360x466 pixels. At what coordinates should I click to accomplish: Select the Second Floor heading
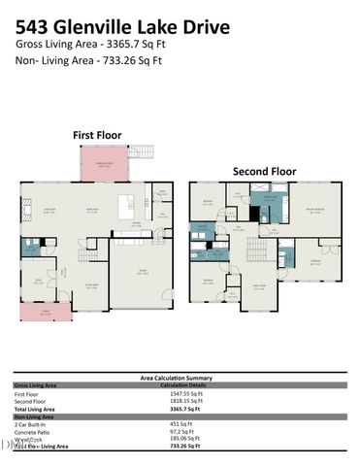264,171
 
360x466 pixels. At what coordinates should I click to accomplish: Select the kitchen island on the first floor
125,206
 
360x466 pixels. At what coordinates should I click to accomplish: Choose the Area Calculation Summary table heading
180,377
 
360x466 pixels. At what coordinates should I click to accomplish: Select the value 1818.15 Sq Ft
185,400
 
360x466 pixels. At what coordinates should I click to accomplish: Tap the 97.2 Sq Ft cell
182,431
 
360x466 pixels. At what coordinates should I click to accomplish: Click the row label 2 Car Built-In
31,423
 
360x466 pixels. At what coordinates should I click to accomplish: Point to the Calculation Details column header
184,384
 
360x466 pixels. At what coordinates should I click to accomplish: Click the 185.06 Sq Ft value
184,439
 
